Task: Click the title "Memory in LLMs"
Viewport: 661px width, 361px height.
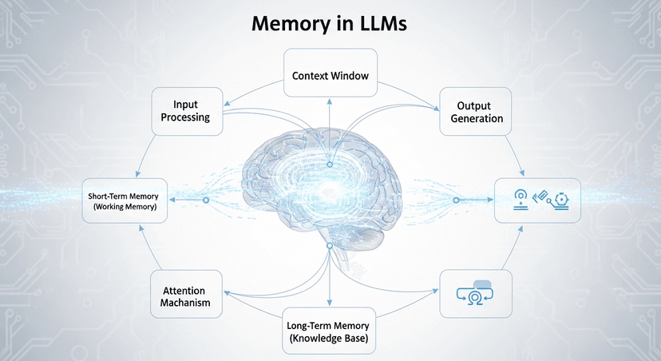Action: point(330,23)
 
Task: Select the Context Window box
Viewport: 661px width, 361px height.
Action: point(330,76)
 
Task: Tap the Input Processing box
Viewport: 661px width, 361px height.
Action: point(186,111)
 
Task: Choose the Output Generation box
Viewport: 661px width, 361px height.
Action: point(474,112)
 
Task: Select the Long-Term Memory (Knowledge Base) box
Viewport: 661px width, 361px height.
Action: point(330,330)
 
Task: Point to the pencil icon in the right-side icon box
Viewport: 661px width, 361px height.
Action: point(540,196)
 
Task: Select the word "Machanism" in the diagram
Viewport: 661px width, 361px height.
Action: point(186,303)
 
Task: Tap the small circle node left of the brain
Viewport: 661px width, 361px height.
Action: point(207,200)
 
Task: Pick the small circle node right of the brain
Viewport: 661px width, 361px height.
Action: point(456,200)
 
